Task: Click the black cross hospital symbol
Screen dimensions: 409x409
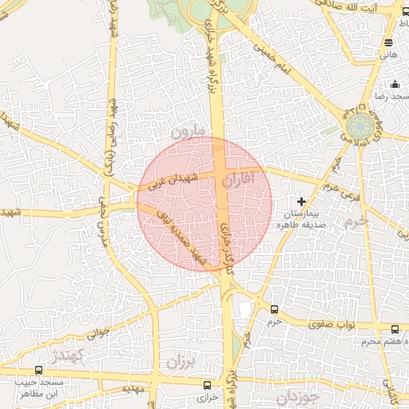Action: click(x=301, y=202)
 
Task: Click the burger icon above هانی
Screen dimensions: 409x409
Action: click(x=388, y=42)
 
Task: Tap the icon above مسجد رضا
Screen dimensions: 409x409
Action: click(x=394, y=85)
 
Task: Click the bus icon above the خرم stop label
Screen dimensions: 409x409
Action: click(x=274, y=309)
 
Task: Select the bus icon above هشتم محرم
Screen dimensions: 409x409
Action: click(x=395, y=329)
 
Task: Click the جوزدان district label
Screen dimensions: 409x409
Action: click(x=297, y=395)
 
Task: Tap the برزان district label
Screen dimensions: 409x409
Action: click(x=181, y=361)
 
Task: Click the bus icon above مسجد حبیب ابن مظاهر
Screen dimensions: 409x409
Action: click(x=39, y=371)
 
